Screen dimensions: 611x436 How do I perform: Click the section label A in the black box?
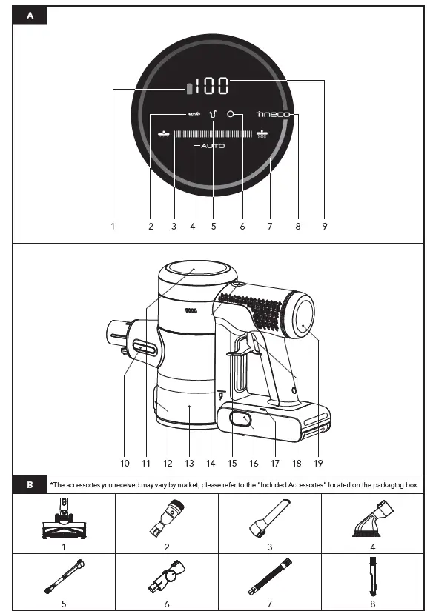30,16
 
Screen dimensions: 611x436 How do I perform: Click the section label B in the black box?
30,485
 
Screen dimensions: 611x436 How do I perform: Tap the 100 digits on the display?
212,86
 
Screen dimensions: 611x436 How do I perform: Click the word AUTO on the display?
213,147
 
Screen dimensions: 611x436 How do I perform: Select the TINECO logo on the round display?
274,115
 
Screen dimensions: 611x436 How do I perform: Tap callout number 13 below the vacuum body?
189,463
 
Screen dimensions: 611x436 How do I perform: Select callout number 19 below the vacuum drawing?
319,463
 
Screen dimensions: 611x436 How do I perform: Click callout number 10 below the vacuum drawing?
125,463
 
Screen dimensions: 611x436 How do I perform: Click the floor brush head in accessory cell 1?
64,522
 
